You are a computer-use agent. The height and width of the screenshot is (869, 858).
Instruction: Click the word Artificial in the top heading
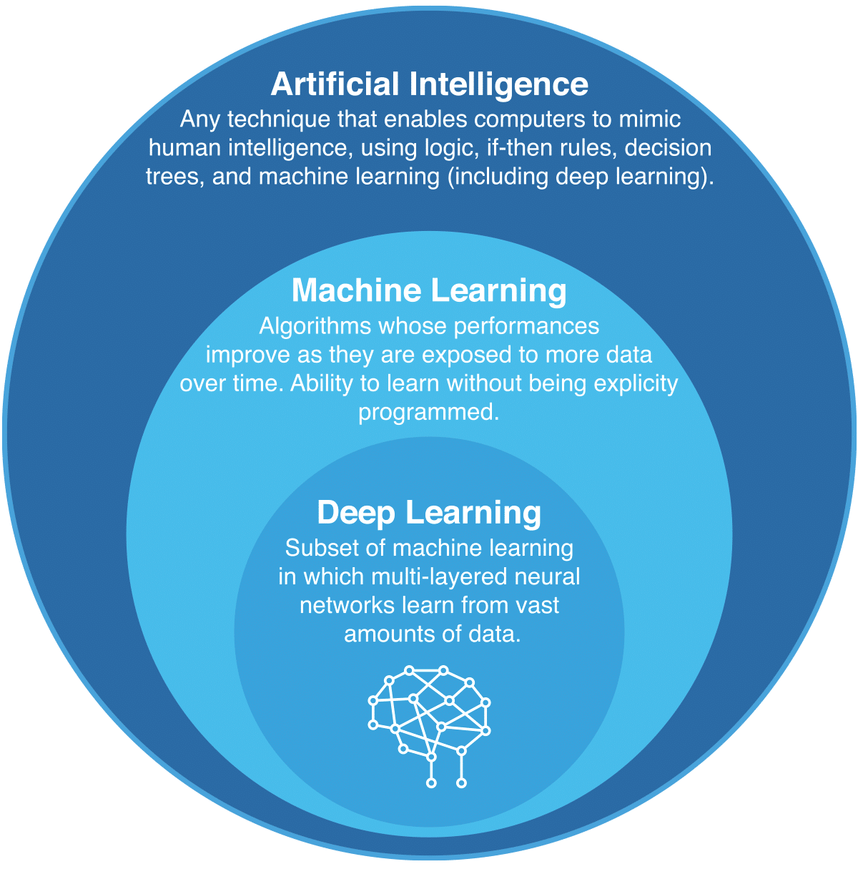[335, 84]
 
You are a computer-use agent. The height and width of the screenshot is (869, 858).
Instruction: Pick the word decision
[668, 147]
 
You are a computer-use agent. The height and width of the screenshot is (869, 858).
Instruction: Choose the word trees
[172, 177]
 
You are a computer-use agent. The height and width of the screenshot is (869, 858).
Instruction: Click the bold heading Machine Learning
[429, 290]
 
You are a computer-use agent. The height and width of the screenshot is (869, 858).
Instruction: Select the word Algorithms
[315, 326]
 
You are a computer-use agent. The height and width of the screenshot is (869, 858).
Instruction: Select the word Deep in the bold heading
[356, 514]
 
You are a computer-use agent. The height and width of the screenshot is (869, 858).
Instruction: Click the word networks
[347, 606]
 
